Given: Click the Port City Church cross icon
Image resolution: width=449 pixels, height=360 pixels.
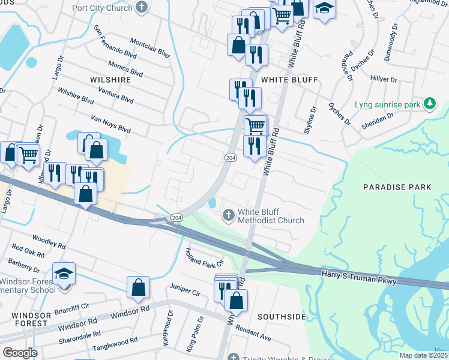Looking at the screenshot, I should [x=141, y=7].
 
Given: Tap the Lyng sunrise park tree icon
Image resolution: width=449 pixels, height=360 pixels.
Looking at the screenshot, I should [x=429, y=104].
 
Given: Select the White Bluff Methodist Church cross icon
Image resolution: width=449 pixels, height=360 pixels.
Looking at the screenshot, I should [x=228, y=215].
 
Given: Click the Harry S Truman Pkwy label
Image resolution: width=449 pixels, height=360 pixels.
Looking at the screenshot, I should [x=360, y=278].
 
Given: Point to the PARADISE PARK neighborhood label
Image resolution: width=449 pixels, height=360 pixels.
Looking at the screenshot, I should [x=397, y=187].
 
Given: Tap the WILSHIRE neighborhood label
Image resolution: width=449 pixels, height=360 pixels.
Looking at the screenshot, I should [x=110, y=79].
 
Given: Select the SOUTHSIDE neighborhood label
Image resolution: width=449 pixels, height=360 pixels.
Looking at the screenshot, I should [x=282, y=316].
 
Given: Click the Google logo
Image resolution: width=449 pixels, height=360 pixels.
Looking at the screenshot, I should [x=19, y=353].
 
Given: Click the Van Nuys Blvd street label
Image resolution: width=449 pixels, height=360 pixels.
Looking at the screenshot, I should [x=110, y=124].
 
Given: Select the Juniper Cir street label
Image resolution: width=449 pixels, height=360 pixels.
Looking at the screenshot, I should [x=184, y=293].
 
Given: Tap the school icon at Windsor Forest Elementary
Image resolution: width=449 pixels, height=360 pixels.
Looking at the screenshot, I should [x=64, y=274].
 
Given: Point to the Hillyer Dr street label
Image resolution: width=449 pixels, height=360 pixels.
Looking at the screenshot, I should [x=384, y=79].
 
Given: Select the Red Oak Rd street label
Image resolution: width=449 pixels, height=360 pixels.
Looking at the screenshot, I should [x=28, y=251].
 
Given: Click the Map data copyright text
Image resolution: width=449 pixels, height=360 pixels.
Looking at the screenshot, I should [x=423, y=355].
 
